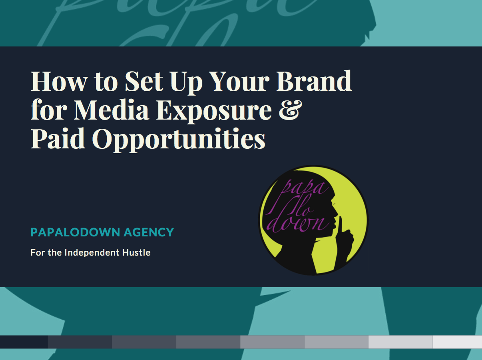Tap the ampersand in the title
click(x=288, y=110)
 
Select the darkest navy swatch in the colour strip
click(x=24, y=342)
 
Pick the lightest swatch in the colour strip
click(x=457, y=342)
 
